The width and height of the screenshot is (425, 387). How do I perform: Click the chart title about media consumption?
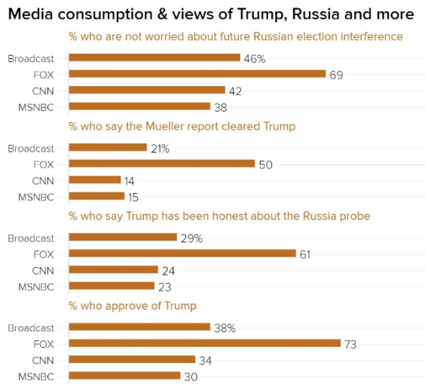[211, 14]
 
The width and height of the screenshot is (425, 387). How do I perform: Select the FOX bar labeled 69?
[197, 74]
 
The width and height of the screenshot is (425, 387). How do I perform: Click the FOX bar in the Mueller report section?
[161, 164]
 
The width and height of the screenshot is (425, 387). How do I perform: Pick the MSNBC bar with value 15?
[96, 197]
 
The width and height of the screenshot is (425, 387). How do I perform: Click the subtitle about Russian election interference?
[236, 37]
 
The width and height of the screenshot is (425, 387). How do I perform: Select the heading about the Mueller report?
[182, 126]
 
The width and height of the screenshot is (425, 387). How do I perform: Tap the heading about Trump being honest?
[219, 216]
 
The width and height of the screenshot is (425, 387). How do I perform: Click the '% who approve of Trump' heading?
[133, 306]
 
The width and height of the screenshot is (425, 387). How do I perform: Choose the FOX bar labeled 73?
[204, 343]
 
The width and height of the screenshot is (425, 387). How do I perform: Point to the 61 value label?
[305, 254]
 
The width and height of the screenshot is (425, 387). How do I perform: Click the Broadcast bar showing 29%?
[122, 238]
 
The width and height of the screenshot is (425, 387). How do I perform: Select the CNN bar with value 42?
[146, 90]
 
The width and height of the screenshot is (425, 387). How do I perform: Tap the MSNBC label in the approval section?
[36, 376]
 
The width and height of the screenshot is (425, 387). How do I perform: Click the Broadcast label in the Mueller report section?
[31, 148]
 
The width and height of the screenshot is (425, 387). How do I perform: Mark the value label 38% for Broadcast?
[225, 328]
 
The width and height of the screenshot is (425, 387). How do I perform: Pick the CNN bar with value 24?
[113, 270]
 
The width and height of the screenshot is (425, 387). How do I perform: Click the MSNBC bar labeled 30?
[124, 376]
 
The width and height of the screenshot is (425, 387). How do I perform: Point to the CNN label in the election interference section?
[42, 91]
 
